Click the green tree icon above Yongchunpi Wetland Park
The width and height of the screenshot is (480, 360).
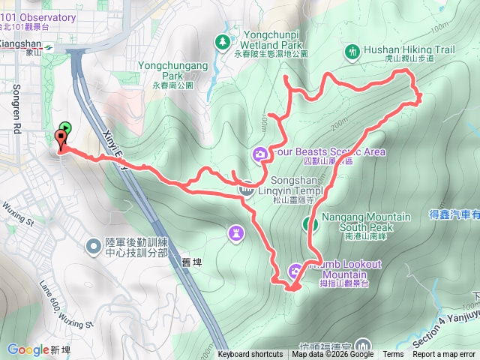(222, 41)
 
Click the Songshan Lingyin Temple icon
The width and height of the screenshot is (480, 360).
(245, 189)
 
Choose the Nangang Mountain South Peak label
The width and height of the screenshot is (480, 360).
(366, 222)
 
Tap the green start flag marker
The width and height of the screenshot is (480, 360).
(66, 127)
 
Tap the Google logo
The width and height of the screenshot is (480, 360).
(28, 349)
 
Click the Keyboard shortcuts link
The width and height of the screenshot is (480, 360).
(251, 355)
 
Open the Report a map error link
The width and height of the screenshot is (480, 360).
(445, 355)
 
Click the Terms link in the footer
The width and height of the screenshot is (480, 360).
(393, 355)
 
